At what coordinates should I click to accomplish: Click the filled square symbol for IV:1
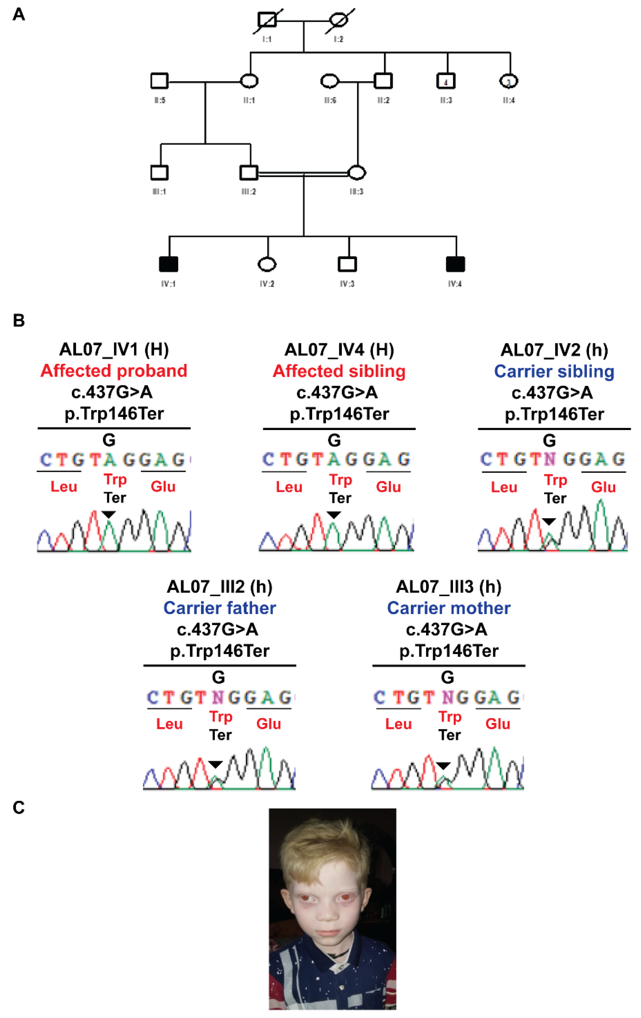point(168,264)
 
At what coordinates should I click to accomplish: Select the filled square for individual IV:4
point(455,264)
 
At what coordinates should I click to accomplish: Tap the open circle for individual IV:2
point(267,264)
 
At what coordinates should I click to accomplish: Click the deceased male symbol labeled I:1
point(267,20)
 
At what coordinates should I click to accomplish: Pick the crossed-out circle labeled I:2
point(339,20)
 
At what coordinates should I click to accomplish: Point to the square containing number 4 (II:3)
point(446,81)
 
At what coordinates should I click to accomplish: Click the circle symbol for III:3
point(356,172)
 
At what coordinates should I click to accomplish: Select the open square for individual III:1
point(159,172)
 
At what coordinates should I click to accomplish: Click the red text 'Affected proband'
point(114,371)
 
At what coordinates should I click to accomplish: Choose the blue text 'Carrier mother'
point(448,608)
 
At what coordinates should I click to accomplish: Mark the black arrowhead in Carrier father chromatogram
point(215,764)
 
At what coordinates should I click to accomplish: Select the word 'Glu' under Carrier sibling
point(603,487)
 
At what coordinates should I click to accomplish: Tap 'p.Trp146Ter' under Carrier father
point(219,651)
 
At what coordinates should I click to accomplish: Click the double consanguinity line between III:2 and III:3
point(303,173)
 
